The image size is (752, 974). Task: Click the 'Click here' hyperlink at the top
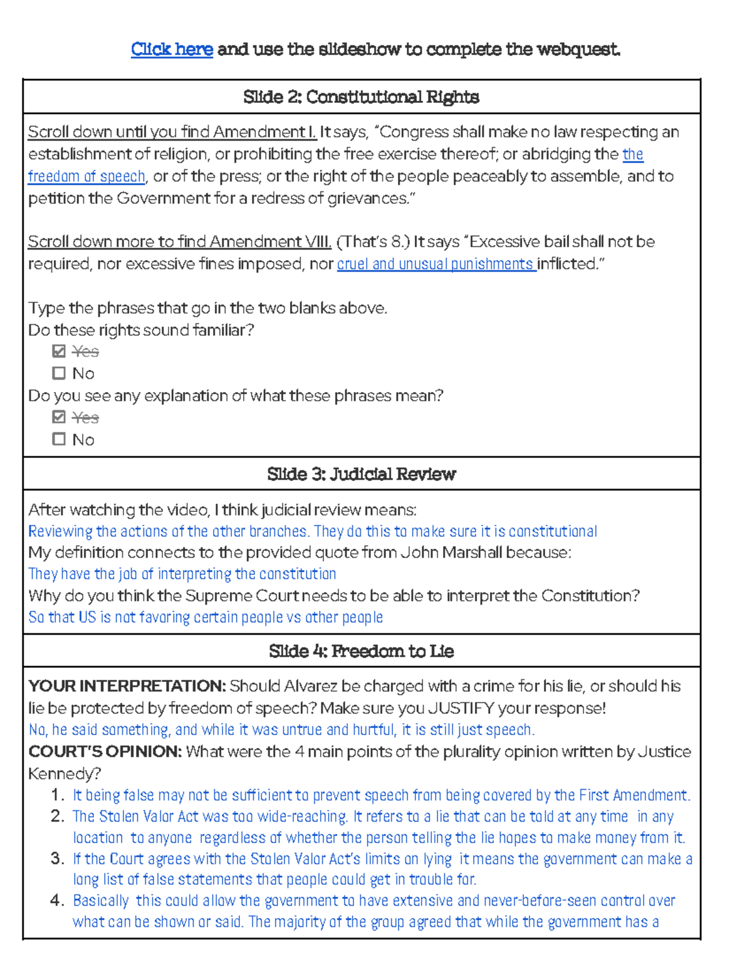tap(172, 49)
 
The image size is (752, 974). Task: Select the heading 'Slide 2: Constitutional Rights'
tap(361, 97)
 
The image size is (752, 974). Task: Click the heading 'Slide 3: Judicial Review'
tap(361, 474)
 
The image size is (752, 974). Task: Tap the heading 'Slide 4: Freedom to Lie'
tap(361, 651)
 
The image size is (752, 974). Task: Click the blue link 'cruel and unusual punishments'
tap(436, 264)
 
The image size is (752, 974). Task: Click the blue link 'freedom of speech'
tap(86, 177)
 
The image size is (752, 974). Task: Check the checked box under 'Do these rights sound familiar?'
tap(59, 351)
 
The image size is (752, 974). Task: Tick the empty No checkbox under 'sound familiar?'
tap(59, 373)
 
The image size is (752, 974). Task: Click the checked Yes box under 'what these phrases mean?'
tap(59, 417)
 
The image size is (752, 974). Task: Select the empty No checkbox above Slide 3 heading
tap(59, 439)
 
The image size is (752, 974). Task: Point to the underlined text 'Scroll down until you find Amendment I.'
tap(172, 132)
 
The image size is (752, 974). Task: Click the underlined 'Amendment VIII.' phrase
tap(270, 242)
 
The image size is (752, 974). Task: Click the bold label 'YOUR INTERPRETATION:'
tap(127, 686)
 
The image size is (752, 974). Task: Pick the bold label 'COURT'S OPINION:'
tap(105, 751)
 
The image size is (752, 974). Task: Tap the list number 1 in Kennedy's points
tap(57, 795)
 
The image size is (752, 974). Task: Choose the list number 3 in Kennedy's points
tap(57, 859)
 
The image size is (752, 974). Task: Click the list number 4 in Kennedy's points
tap(57, 901)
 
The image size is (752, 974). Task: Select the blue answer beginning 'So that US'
tap(206, 618)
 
